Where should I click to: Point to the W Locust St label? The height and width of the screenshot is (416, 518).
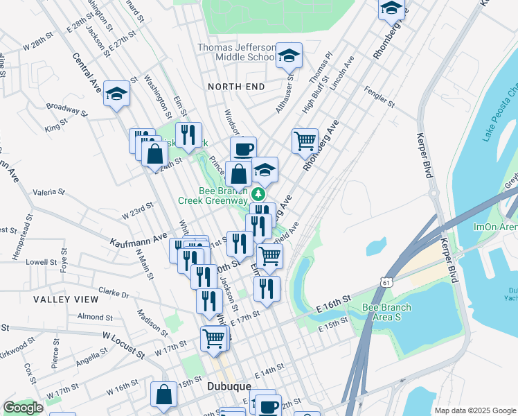click(x=125, y=345)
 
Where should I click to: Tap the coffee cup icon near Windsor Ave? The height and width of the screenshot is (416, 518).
click(x=243, y=148)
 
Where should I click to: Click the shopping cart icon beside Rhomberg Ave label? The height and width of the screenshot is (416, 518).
click(x=305, y=141)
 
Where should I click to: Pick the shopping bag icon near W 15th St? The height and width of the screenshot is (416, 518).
click(x=164, y=394)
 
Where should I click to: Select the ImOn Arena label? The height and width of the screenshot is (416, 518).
click(x=494, y=227)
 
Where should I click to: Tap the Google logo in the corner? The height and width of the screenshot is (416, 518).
click(x=23, y=408)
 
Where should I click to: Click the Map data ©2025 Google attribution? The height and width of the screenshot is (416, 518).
click(x=475, y=410)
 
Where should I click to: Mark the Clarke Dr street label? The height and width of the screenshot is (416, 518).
click(x=114, y=293)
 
